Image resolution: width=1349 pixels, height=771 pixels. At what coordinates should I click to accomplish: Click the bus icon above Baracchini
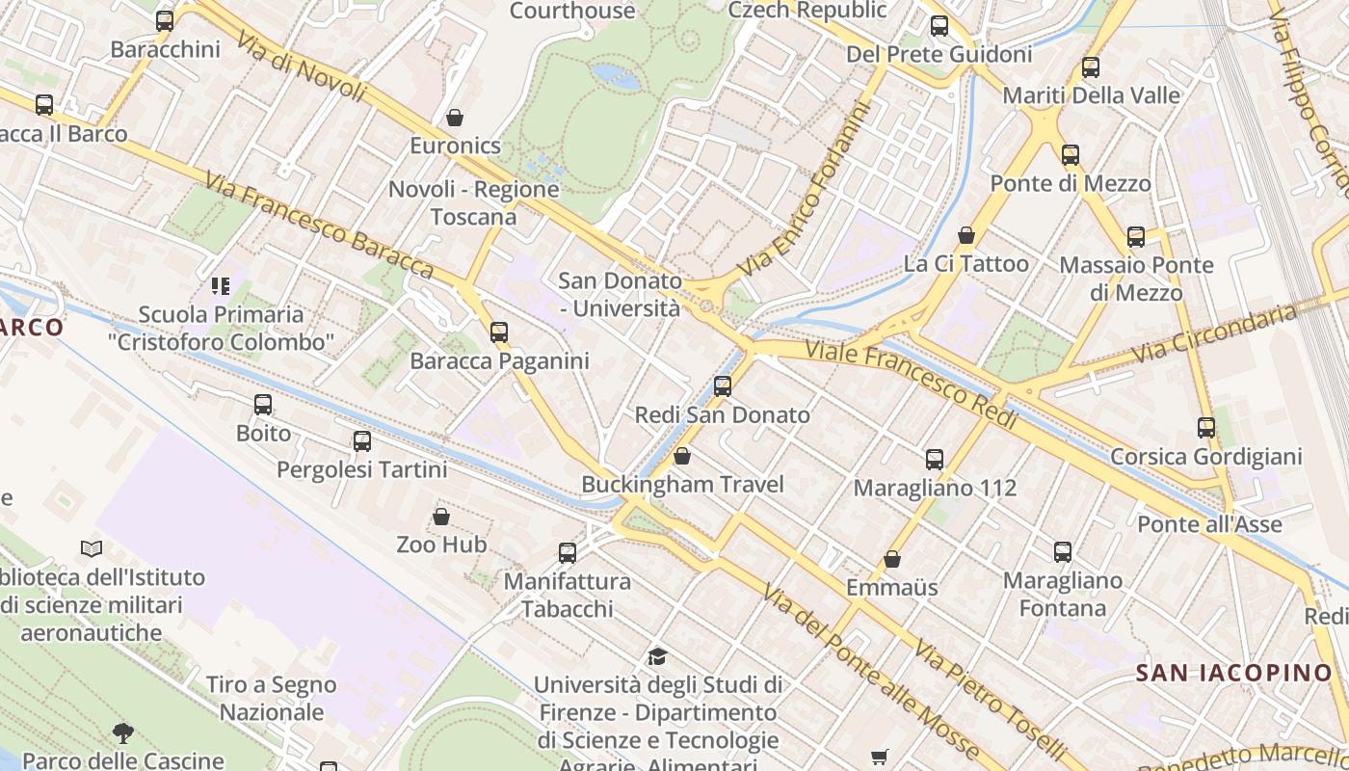165,20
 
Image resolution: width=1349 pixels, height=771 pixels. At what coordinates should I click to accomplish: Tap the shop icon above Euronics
455,118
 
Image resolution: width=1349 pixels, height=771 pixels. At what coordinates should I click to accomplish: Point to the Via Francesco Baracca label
319,224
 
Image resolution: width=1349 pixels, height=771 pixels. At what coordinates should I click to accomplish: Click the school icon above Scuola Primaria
221,286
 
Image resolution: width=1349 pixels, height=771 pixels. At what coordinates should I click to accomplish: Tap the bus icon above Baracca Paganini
498,332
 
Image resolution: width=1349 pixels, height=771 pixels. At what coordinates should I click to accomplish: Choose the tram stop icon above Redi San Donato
723,386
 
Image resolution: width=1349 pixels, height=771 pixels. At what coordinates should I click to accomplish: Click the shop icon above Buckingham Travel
682,456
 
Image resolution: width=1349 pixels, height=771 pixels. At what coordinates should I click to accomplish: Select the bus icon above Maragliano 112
935,460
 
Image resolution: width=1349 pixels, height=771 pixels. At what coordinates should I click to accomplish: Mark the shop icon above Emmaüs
892,559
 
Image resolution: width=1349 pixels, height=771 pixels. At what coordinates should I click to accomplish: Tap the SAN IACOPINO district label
1233,673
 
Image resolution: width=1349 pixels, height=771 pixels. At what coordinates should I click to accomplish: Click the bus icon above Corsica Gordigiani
1205,428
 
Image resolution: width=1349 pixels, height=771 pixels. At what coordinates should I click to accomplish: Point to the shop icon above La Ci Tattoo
966,235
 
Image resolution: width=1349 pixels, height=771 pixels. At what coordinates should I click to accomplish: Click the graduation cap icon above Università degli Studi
657,657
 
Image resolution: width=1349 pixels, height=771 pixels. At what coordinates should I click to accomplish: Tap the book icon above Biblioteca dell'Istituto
92,548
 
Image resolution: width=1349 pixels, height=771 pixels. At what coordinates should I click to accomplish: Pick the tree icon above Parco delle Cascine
122,732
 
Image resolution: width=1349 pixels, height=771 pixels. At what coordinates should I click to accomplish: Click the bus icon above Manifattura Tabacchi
568,553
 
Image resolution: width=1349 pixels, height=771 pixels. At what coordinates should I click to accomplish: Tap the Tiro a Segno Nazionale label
272,699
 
